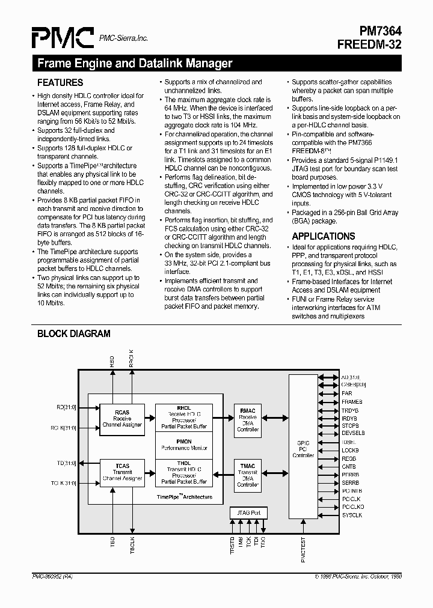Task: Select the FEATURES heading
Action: (60, 82)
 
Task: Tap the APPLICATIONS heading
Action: (324, 236)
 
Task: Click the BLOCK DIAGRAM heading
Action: (74, 333)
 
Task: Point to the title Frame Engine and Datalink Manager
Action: (135, 63)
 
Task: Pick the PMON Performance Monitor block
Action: (184, 445)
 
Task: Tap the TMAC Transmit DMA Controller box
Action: (248, 474)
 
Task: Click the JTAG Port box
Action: (248, 513)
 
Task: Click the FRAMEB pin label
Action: (352, 401)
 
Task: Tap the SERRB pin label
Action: (351, 483)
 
